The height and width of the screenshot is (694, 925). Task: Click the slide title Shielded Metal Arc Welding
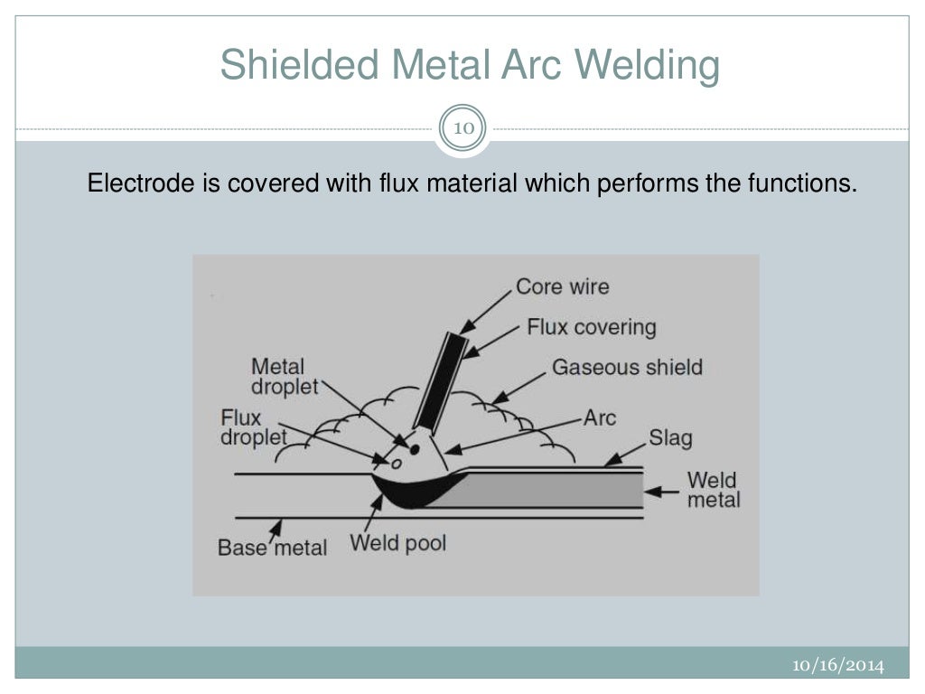(x=470, y=67)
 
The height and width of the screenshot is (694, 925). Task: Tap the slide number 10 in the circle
(x=462, y=128)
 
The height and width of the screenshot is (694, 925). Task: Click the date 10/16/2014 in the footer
(x=838, y=666)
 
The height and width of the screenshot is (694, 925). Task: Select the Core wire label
(x=562, y=287)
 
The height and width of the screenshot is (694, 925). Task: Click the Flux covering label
(x=591, y=326)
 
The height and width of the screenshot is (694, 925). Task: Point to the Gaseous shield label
(x=627, y=368)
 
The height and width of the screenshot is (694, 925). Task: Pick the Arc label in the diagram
(x=600, y=417)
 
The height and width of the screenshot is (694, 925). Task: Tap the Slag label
(x=670, y=439)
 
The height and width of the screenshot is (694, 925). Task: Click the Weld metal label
(x=714, y=489)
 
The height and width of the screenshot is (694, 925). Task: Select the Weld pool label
(x=397, y=544)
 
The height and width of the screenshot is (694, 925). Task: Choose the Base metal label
(x=272, y=548)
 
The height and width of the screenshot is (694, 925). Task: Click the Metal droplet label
(x=278, y=377)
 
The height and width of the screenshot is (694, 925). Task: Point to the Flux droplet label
(x=254, y=427)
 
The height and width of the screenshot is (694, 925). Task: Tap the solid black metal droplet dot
(x=414, y=447)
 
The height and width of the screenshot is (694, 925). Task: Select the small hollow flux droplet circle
(x=396, y=464)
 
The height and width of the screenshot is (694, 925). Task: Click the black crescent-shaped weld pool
(x=411, y=493)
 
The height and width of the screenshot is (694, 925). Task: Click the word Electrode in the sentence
(x=126, y=184)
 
